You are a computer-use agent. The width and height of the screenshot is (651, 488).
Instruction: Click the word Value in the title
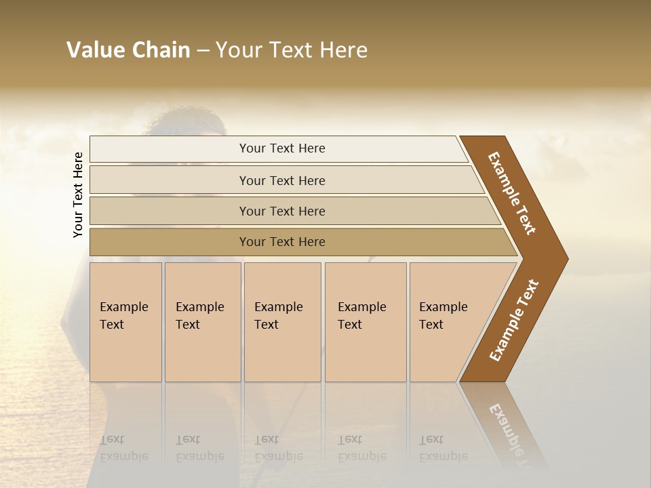tap(96, 50)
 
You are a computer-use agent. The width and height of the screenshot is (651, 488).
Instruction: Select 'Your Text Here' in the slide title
tap(292, 50)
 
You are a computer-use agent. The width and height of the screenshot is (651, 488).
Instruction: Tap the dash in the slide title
tap(203, 51)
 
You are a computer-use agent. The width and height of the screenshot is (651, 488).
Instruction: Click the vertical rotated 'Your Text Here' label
tap(78, 195)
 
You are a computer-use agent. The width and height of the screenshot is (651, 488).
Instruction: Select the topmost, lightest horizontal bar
tap(282, 148)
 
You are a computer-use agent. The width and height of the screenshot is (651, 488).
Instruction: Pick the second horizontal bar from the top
tap(282, 180)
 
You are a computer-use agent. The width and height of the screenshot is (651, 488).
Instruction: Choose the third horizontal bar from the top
tap(282, 211)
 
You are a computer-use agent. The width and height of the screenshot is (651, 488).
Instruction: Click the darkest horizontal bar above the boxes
tap(282, 242)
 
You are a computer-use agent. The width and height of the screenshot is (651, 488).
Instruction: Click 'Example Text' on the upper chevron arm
tap(512, 193)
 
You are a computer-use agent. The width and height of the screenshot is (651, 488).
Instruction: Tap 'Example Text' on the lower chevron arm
tap(514, 321)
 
